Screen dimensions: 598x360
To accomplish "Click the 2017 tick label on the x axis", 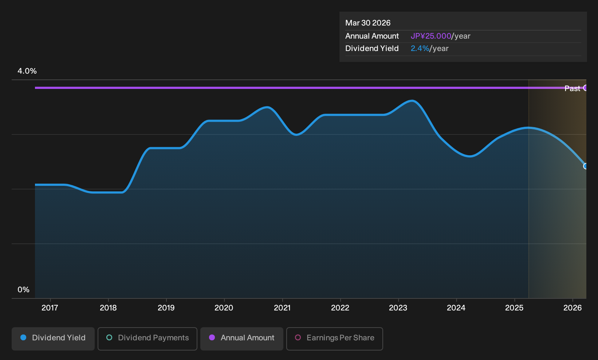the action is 50,308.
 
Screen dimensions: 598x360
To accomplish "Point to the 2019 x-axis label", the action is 166,308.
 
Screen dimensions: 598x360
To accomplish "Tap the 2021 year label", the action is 282,308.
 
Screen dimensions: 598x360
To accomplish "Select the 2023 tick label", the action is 398,308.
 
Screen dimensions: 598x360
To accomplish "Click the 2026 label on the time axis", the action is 573,308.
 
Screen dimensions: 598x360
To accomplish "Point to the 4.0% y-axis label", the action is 27,71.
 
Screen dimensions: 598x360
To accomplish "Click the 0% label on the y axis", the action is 24,290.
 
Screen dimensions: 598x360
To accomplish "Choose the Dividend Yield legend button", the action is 53,339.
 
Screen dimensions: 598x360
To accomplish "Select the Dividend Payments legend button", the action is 147,339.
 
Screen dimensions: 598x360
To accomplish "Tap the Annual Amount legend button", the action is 241,339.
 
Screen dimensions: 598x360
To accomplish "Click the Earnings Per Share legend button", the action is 334,339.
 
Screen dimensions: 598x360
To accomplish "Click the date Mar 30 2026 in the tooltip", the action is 368,23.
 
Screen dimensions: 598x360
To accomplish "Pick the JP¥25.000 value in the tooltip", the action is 431,36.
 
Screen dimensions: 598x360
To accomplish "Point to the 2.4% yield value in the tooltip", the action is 420,48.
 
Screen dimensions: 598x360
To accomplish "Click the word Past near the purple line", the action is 572,89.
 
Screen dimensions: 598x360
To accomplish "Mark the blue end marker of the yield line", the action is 585,167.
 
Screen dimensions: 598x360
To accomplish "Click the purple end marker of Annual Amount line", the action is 585,88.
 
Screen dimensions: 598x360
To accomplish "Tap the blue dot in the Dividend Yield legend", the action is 24,337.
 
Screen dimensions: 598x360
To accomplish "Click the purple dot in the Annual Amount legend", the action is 212,337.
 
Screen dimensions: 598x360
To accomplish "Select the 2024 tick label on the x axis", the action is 456,308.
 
